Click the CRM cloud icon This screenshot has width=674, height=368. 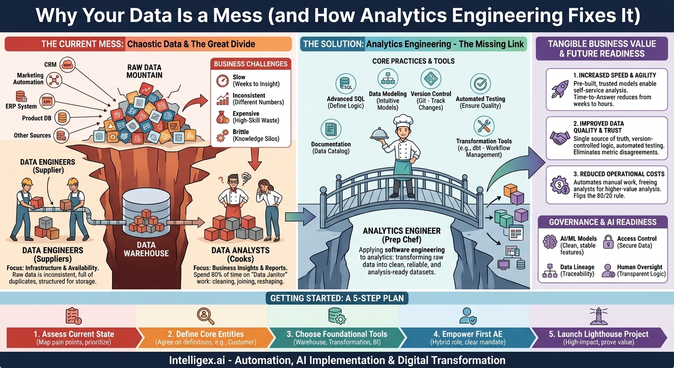coord(67,64)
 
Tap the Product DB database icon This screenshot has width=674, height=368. coord(62,117)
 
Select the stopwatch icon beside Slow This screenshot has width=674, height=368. coord(223,80)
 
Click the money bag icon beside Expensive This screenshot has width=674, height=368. coord(223,117)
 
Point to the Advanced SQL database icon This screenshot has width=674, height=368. coord(346,84)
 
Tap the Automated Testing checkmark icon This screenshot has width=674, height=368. coord(480,84)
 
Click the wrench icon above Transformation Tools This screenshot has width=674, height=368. coord(484,126)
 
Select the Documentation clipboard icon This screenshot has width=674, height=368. coord(331,129)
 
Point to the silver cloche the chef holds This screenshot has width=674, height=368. coord(380,133)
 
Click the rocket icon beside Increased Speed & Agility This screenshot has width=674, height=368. coord(560,89)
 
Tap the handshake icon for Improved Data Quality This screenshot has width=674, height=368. coord(560,138)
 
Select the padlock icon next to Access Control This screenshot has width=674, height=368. coord(608,242)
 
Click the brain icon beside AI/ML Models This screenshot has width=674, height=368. coord(550,242)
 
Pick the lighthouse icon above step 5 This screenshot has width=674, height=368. coord(599,316)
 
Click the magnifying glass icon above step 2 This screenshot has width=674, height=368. coord(206,316)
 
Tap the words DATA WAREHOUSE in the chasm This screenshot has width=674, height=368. coord(146,249)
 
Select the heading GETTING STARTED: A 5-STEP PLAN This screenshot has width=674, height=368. coord(337,299)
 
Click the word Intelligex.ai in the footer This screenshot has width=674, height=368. coord(197,360)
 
